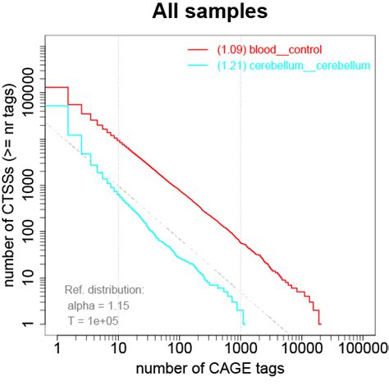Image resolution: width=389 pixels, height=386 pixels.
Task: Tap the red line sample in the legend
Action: tap(199, 49)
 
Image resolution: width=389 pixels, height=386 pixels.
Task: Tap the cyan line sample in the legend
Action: tap(199, 64)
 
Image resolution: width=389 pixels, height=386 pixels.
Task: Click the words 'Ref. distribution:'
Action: tap(104, 289)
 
